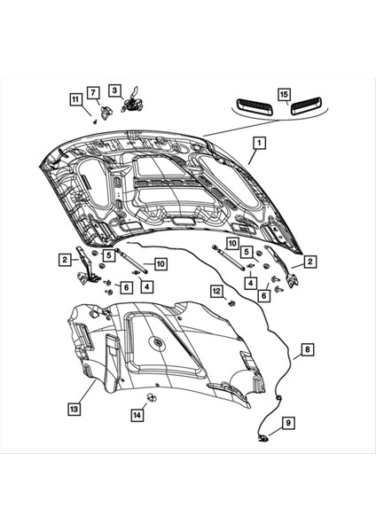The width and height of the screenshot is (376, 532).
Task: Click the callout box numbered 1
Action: pyautogui.click(x=258, y=142)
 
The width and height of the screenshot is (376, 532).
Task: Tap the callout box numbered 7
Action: pyautogui.click(x=91, y=92)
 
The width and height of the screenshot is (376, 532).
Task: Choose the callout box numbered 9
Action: pyautogui.click(x=287, y=426)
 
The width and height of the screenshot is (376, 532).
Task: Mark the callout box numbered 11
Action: pyautogui.click(x=74, y=100)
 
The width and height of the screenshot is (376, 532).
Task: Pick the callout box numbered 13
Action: pyautogui.click(x=75, y=409)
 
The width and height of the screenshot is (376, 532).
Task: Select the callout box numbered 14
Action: pyautogui.click(x=137, y=415)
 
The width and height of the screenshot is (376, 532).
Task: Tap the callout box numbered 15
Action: pyautogui.click(x=283, y=93)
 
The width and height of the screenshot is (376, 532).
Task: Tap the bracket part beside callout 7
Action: pyautogui.click(x=103, y=111)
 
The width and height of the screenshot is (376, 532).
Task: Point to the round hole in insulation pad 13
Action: pyautogui.click(x=156, y=341)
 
